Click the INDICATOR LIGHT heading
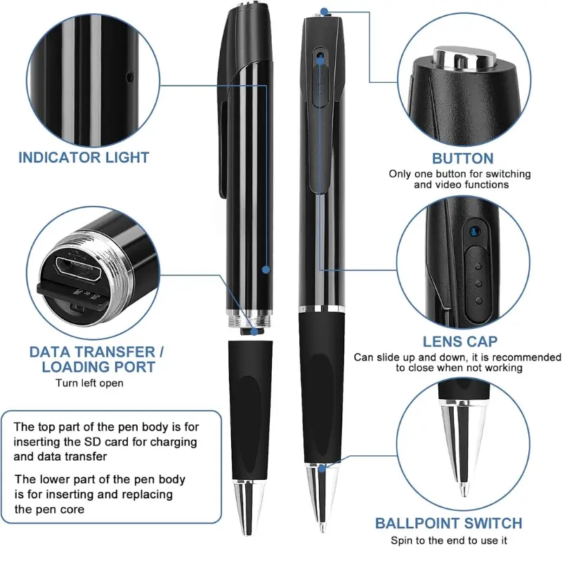point(84,157)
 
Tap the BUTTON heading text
point(462,158)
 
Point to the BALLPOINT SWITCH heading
point(448,523)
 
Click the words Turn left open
point(89,383)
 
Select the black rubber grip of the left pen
point(247,407)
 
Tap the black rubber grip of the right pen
point(320,393)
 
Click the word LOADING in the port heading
point(81,367)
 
